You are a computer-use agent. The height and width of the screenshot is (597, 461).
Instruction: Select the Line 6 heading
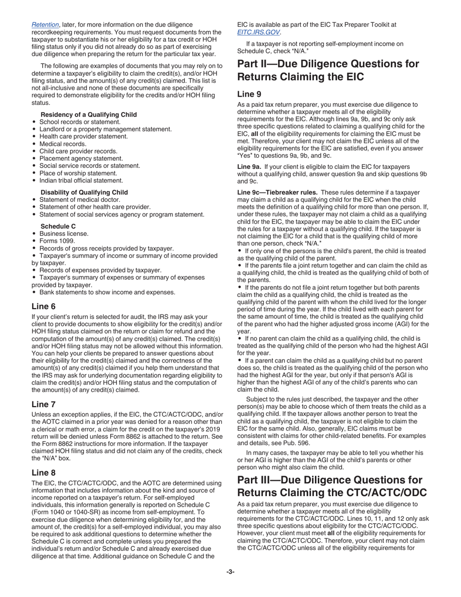pyautogui.click(x=44, y=306)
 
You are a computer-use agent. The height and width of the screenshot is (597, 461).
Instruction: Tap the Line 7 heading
pyautogui.click(x=44, y=404)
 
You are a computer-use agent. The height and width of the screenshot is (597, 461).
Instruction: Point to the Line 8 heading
pyautogui.click(x=44, y=472)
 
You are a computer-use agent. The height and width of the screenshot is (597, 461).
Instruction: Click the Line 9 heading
pyautogui.click(x=249, y=95)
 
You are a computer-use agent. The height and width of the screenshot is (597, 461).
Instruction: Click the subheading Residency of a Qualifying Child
pyautogui.click(x=88, y=115)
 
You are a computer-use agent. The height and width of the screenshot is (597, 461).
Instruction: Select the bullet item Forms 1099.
pyautogui.click(x=57, y=241)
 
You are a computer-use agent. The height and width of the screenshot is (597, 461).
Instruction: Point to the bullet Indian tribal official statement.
pyautogui.click(x=81, y=180)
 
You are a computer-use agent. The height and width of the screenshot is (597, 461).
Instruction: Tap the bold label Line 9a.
pyautogui.click(x=249, y=166)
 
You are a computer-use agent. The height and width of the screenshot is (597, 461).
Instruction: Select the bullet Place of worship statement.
pyautogui.click(x=78, y=173)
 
